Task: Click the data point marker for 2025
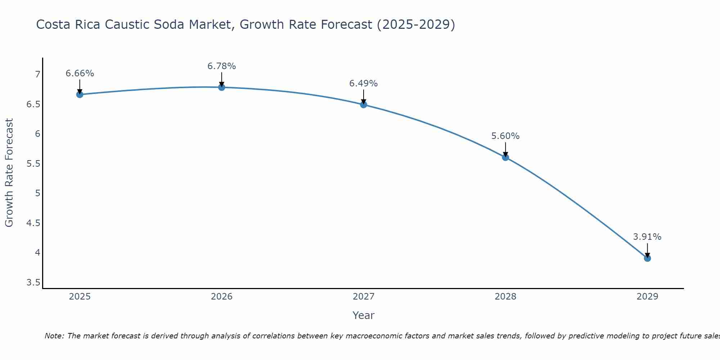80,95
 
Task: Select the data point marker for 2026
222,87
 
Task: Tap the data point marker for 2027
364,105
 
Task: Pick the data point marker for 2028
505,157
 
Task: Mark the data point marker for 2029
647,258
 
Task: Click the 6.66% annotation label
80,73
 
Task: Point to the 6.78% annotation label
222,66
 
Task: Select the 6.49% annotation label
364,84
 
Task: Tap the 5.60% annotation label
505,136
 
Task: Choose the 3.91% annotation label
647,237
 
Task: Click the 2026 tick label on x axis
222,297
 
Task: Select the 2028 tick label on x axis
505,297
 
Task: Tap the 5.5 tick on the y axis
33,164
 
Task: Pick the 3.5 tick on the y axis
33,283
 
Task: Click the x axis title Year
364,315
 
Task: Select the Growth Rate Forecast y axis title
9,173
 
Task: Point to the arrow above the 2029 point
647,250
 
